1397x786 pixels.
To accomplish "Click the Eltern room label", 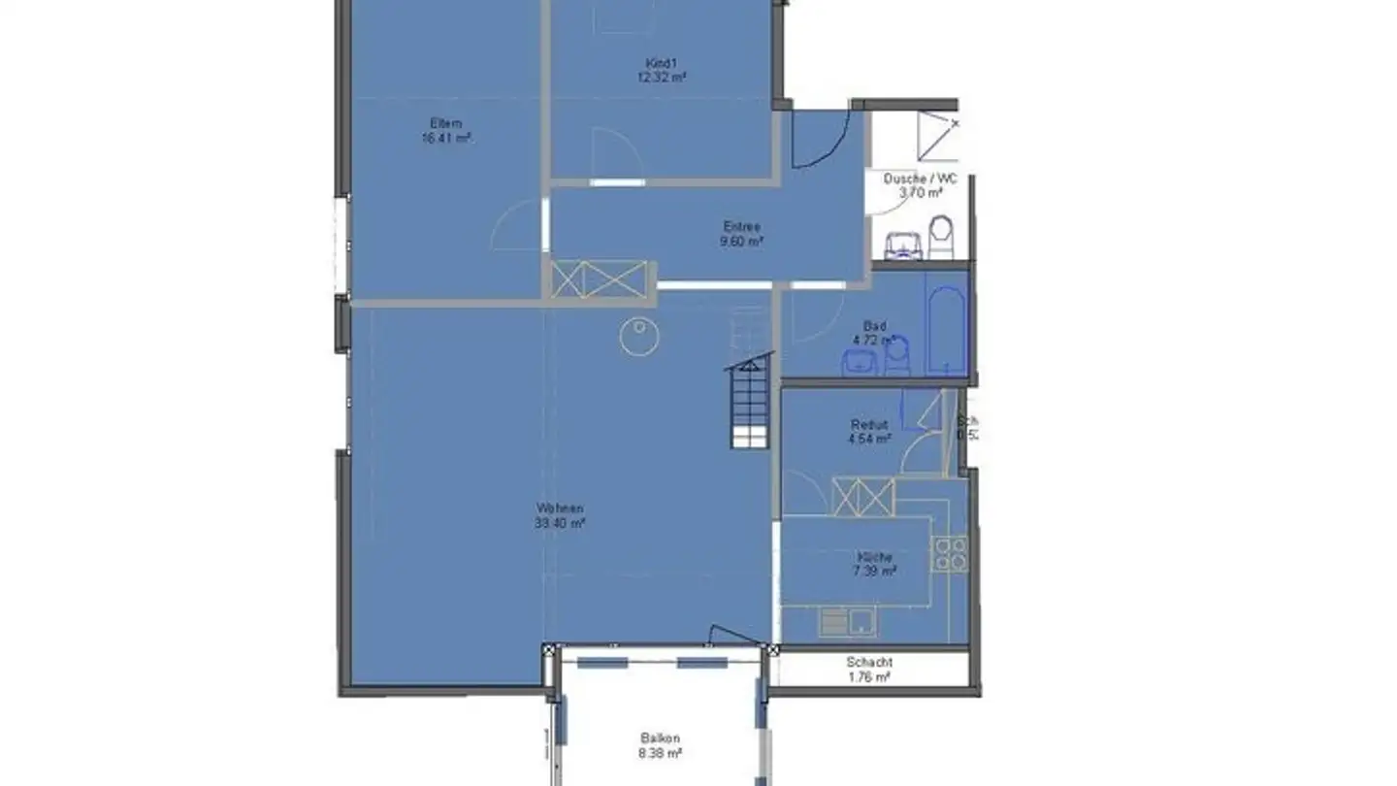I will pyautogui.click(x=446, y=123).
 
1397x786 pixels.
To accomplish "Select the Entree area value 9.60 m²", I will pyautogui.click(x=741, y=241).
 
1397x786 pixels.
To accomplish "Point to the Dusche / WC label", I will pyautogui.click(x=919, y=179).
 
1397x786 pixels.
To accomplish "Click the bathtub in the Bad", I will pyautogui.click(x=946, y=323).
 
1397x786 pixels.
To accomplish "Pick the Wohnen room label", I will pyautogui.click(x=560, y=508).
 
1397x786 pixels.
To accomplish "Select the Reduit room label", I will pyautogui.click(x=869, y=424).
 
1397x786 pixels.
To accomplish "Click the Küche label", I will pyautogui.click(x=874, y=557).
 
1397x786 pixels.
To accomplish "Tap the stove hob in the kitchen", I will pyautogui.click(x=950, y=553).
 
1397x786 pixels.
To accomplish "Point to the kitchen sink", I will pyautogui.click(x=847, y=621).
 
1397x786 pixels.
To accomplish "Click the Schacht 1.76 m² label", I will pyautogui.click(x=868, y=670).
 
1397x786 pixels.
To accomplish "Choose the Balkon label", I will pyautogui.click(x=660, y=737).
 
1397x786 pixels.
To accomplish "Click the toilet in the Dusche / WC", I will pyautogui.click(x=941, y=236).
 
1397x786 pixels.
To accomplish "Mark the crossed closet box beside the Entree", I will pyautogui.click(x=599, y=278).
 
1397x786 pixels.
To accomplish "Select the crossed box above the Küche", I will pyautogui.click(x=862, y=497).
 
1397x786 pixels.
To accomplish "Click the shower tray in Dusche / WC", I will pyautogui.click(x=937, y=135).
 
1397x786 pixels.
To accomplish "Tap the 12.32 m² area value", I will pyautogui.click(x=662, y=78).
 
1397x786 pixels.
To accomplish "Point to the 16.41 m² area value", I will pyautogui.click(x=446, y=138).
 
